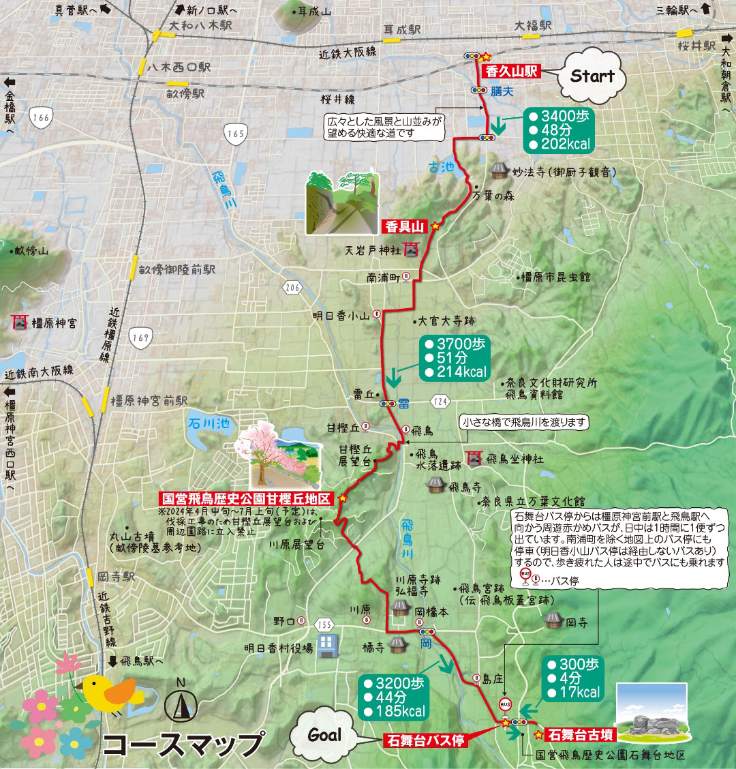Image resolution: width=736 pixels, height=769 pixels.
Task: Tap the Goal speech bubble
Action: click(x=324, y=735)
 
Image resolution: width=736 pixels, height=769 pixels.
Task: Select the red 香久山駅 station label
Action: click(x=511, y=71)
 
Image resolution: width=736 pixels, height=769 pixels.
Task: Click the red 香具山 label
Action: click(x=405, y=227)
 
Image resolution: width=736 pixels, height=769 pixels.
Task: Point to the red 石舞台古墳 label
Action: click(x=581, y=735)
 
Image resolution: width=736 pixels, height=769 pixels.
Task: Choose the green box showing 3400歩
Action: click(x=558, y=130)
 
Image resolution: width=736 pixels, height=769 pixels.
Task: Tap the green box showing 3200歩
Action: click(x=394, y=697)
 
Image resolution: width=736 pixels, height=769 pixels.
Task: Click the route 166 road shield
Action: click(x=41, y=118)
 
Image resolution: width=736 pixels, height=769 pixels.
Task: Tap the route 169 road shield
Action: click(x=140, y=337)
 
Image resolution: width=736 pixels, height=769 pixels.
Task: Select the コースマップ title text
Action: click(x=184, y=744)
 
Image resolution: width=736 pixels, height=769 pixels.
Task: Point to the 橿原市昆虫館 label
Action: click(x=555, y=277)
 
